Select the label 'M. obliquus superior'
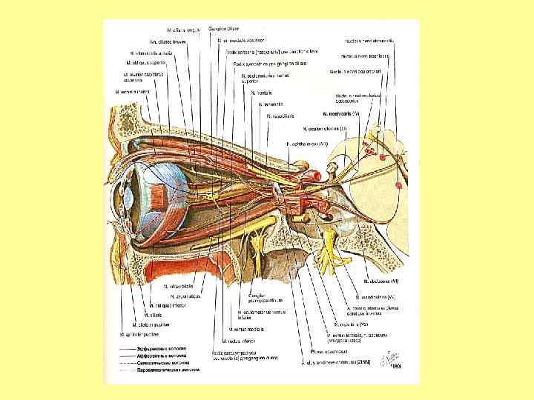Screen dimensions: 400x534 click(148, 63)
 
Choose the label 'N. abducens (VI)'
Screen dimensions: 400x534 click(383, 281)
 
